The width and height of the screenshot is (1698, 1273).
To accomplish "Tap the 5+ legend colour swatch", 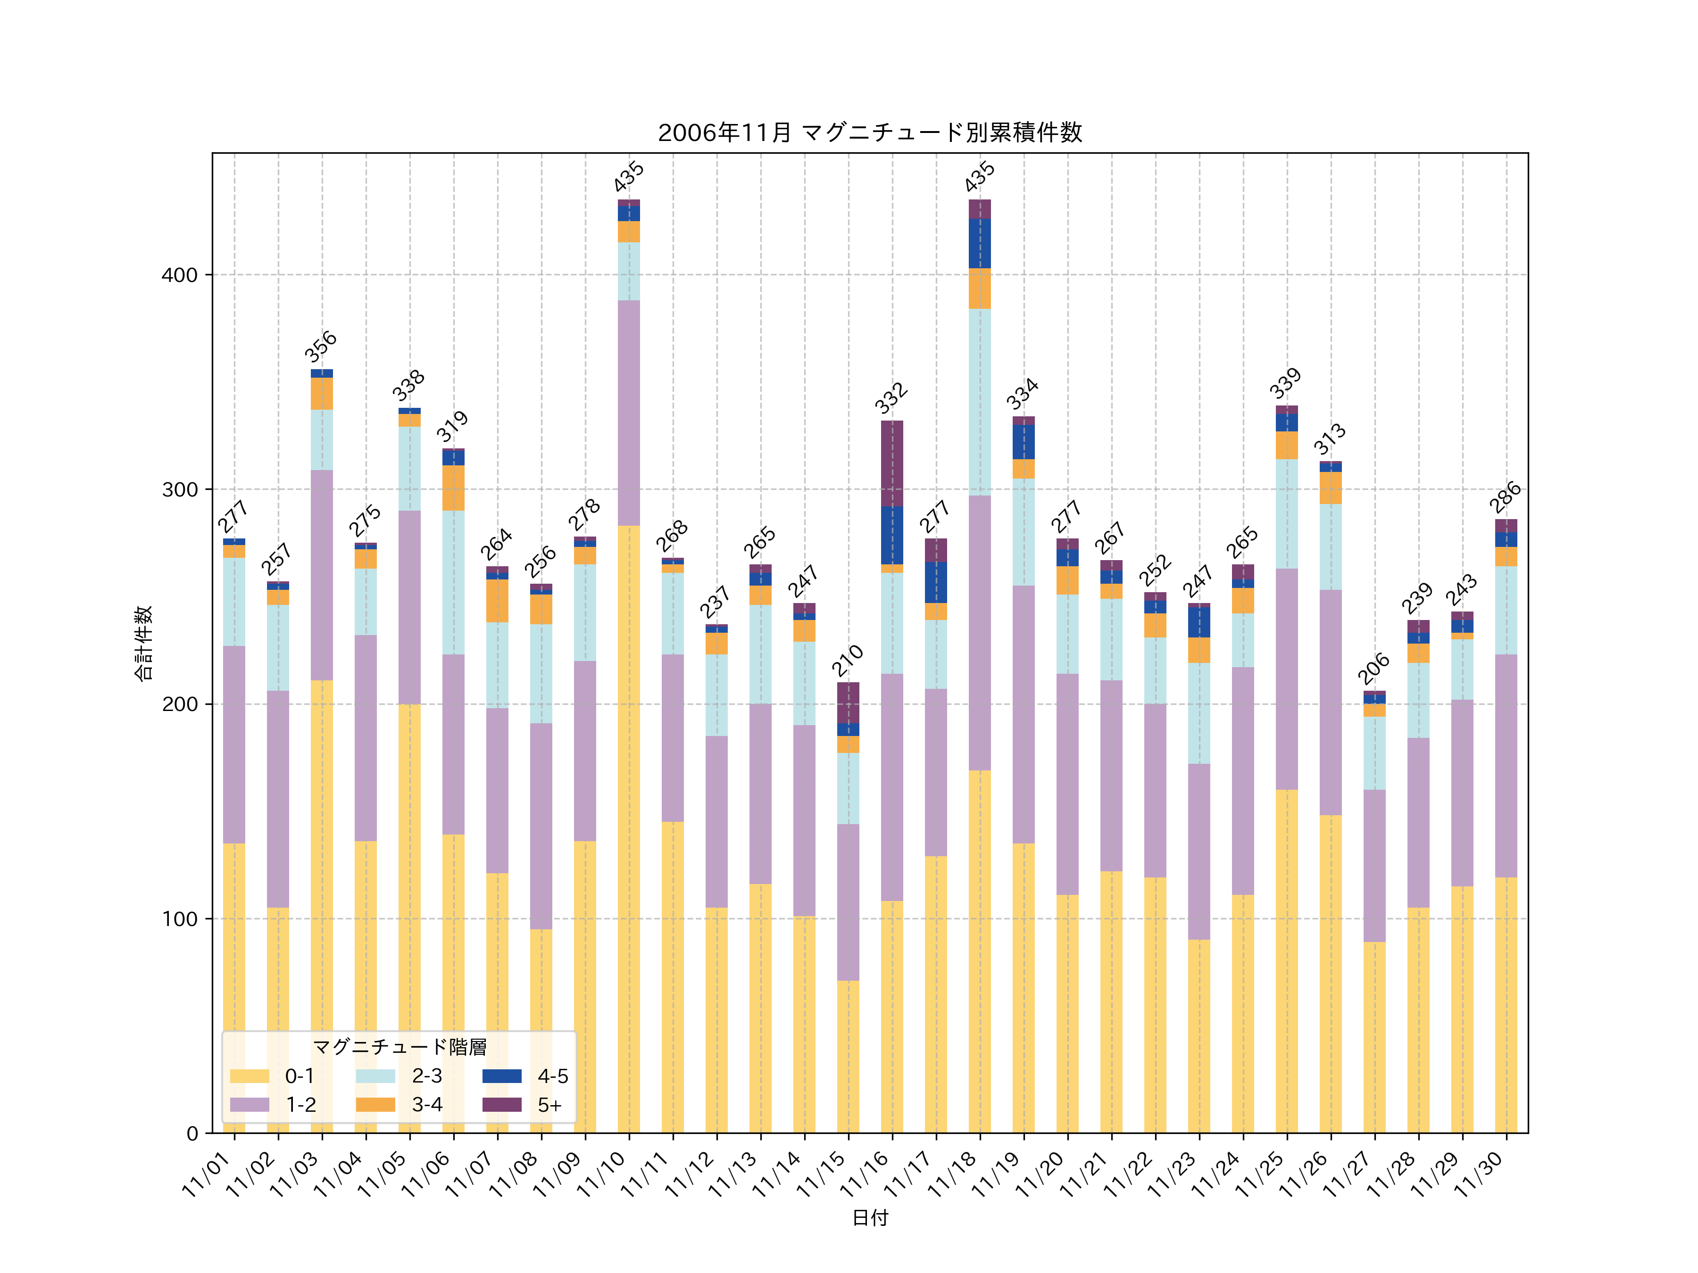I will tap(501, 1104).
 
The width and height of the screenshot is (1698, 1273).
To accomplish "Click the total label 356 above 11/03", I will tap(321, 347).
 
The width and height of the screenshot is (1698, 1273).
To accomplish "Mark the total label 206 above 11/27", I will tap(1373, 669).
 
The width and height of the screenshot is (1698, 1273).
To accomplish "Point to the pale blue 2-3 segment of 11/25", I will tap(1287, 513).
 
